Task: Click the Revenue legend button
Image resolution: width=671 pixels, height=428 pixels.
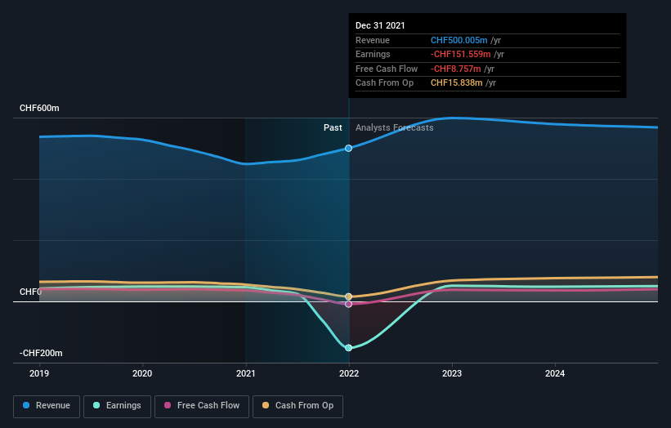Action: point(47,405)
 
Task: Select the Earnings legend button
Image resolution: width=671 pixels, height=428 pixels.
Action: point(117,405)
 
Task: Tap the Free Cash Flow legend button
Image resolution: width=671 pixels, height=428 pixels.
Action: point(201,405)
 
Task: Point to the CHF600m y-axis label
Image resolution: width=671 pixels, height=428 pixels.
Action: point(40,108)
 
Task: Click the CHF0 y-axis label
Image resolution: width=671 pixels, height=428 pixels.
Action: point(29,292)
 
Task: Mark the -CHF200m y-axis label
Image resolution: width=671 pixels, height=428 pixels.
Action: point(42,353)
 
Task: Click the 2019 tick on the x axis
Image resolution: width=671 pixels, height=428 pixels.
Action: point(39,373)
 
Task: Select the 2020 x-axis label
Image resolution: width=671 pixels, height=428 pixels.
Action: point(142,373)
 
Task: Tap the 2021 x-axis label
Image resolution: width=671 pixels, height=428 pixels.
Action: point(245,373)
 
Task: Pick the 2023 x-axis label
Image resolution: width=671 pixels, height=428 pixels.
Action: point(452,373)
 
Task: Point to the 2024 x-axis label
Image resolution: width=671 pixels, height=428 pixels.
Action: point(555,373)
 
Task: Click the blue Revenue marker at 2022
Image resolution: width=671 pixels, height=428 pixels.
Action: point(349,148)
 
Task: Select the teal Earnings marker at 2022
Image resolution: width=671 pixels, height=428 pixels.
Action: point(349,348)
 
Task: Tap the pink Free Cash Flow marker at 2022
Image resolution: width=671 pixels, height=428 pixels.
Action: point(349,304)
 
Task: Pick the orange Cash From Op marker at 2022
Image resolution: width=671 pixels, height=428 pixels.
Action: point(349,296)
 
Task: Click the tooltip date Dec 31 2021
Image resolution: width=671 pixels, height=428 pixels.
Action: point(380,26)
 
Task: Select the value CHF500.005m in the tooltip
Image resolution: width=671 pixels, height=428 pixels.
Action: point(459,40)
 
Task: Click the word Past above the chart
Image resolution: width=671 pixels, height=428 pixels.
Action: point(333,127)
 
